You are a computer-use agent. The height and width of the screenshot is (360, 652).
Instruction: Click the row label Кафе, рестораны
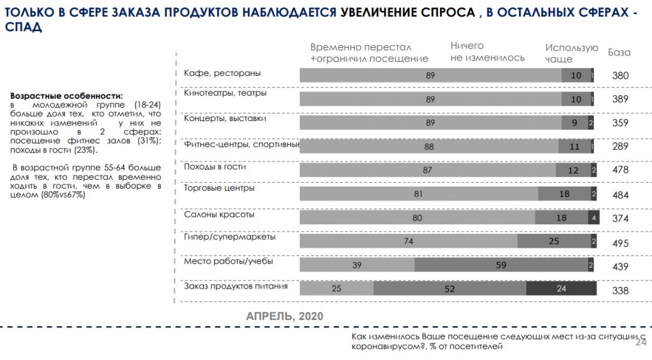tap(222, 73)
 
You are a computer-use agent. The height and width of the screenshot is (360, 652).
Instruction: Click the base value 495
tap(620, 243)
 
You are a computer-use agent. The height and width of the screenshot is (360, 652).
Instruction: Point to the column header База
tap(619, 52)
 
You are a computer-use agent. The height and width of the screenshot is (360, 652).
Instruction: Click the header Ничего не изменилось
tap(487, 52)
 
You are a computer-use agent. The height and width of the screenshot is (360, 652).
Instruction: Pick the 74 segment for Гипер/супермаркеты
tap(408, 241)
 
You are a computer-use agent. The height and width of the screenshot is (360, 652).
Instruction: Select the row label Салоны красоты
tap(219, 215)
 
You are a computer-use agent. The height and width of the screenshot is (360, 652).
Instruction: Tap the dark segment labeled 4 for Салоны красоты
tap(593, 218)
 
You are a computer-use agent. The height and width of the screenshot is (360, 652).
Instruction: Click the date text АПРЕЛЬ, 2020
tap(284, 316)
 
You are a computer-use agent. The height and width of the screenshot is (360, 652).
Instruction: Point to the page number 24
tap(641, 342)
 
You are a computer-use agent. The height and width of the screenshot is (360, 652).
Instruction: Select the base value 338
tap(620, 291)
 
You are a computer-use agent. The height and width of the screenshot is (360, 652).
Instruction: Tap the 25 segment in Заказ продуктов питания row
tap(336, 289)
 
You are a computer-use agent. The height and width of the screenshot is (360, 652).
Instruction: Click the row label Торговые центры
tap(219, 188)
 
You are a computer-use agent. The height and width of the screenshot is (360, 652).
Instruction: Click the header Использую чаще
tap(571, 53)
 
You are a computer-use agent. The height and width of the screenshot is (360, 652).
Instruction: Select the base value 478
tap(620, 170)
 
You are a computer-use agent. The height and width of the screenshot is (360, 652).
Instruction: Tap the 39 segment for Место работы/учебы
tap(357, 265)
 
